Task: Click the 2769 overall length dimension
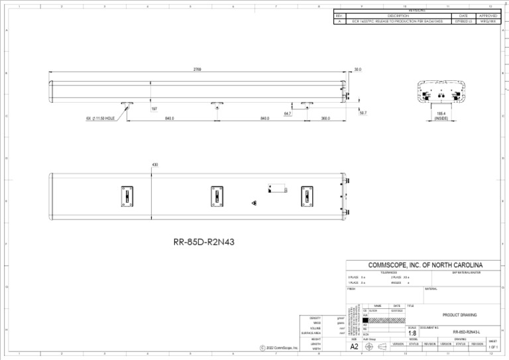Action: (x=198, y=69)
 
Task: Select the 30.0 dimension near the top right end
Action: (x=358, y=69)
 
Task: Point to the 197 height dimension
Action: (x=154, y=108)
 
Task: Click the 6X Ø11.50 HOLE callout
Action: (x=101, y=119)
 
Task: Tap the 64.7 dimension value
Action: (x=287, y=114)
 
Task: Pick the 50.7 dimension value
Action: (x=363, y=113)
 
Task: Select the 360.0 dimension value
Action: (x=325, y=119)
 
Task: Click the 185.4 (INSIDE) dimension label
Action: (x=441, y=116)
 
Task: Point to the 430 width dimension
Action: (x=155, y=164)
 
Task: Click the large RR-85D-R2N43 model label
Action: (x=203, y=242)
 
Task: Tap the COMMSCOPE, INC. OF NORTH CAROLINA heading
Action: (x=425, y=265)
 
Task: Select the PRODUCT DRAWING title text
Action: (x=459, y=315)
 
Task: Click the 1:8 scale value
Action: (x=412, y=333)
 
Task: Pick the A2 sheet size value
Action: (x=355, y=346)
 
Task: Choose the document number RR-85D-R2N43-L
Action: (x=467, y=332)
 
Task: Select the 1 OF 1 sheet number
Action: (x=494, y=347)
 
